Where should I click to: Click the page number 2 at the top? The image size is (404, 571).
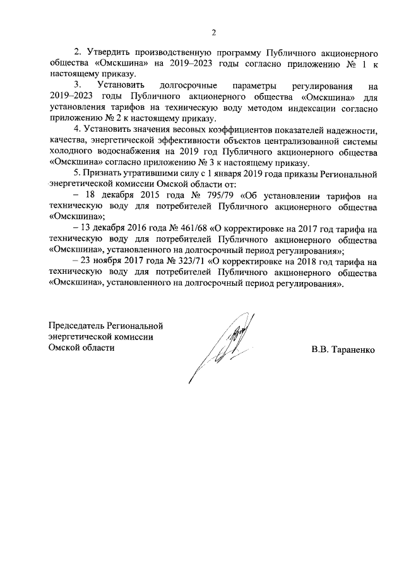pyautogui.click(x=213, y=33)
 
